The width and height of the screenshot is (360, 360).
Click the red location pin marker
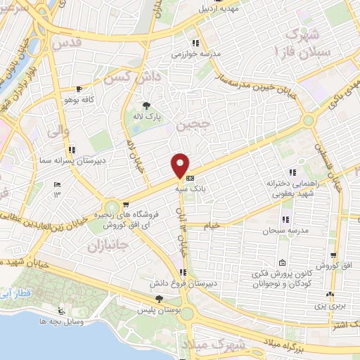pos(180,166)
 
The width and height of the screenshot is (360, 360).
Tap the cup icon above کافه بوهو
pos(79,89)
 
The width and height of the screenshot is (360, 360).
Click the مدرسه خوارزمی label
pos(196,53)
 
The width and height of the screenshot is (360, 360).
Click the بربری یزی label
pos(330,307)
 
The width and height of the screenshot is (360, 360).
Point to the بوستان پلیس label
pos(167,310)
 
